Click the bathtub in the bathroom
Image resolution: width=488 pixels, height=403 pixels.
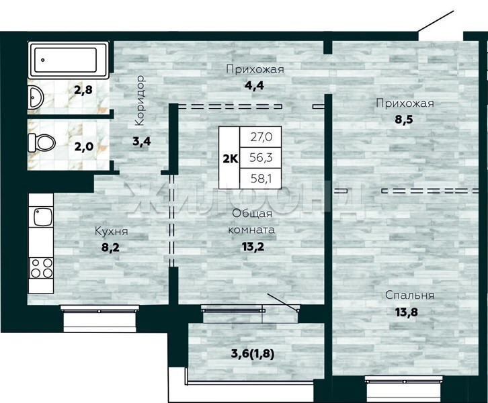[x=69, y=60]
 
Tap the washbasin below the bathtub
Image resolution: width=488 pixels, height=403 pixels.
[x=36, y=97]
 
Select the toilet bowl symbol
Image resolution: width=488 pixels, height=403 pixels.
[x=42, y=143]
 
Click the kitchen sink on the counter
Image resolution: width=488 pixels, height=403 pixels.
[x=43, y=217]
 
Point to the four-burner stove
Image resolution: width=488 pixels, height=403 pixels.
[x=41, y=268]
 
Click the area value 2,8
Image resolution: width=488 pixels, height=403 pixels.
[x=83, y=90]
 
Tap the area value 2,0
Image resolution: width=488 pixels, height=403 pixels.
[x=84, y=146]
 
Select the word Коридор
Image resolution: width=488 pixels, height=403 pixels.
[x=140, y=100]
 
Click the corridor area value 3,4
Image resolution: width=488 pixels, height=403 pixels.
[x=142, y=142]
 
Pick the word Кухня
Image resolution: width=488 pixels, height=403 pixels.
[x=111, y=231]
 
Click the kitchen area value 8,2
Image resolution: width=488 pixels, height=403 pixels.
[x=110, y=248]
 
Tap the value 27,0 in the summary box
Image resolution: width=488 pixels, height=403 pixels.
[x=261, y=137]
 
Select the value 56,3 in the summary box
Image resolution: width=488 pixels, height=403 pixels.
[x=261, y=158]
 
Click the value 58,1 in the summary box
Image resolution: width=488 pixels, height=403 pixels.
[x=261, y=179]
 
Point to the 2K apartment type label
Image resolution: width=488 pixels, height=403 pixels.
[x=231, y=159]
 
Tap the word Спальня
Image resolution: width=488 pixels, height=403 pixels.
[x=409, y=295]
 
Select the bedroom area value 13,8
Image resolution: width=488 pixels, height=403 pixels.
[x=407, y=312]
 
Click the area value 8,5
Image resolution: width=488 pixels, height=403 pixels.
[x=404, y=120]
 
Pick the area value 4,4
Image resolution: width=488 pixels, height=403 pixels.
[x=254, y=85]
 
